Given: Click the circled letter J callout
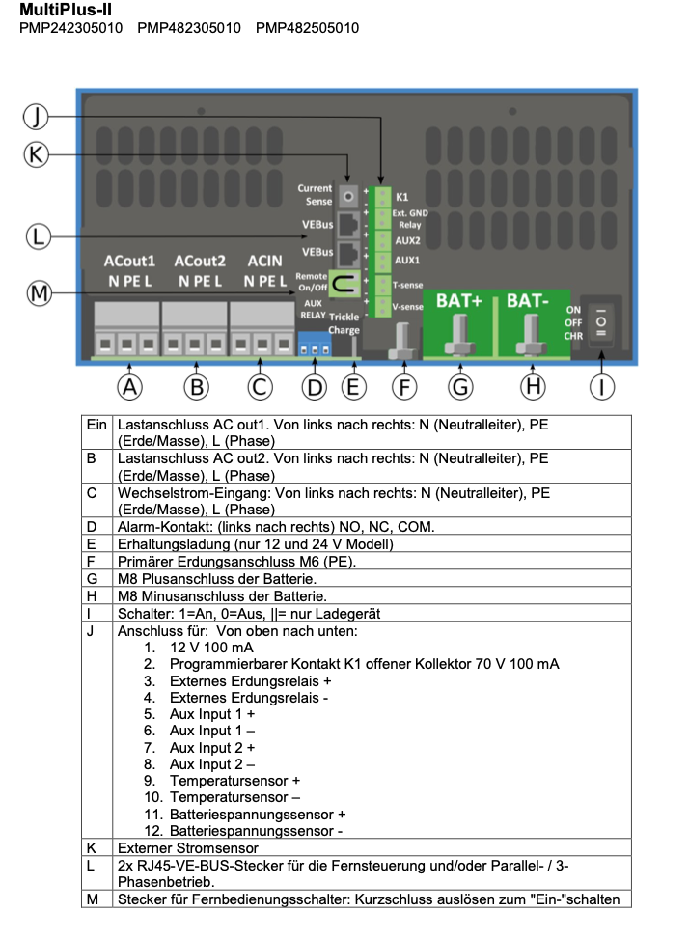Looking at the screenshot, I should [36, 117].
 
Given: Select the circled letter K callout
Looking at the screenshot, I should [36, 154].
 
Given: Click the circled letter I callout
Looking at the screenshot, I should [601, 386].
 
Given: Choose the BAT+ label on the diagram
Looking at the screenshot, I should [459, 300].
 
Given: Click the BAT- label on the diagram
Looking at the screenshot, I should [528, 300].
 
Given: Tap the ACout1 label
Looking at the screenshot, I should [129, 262].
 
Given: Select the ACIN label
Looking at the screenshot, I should [264, 262].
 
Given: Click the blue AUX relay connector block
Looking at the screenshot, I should [313, 345].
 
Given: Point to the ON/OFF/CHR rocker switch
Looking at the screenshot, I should [601, 323].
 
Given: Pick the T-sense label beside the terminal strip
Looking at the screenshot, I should [409, 286].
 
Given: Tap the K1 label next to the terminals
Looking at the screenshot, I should [402, 196].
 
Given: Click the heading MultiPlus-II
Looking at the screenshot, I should [59, 9].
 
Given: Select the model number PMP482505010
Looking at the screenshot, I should [307, 28].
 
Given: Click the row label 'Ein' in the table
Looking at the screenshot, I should [96, 424].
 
